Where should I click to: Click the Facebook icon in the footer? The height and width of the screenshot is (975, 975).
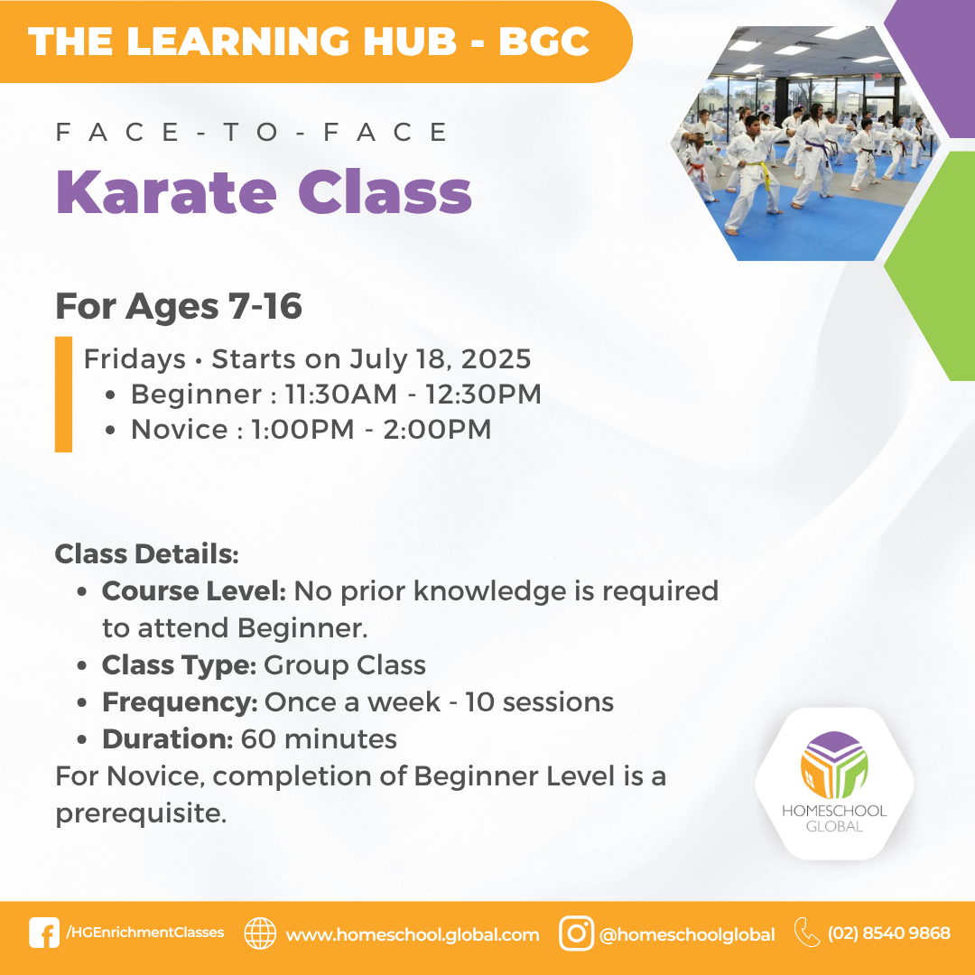coord(44,933)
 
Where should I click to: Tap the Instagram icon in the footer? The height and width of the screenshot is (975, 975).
coord(576,933)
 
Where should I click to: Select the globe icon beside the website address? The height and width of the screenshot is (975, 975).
coord(260,933)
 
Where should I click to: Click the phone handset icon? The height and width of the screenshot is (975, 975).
coord(807,933)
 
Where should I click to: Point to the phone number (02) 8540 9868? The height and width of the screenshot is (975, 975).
coord(888,933)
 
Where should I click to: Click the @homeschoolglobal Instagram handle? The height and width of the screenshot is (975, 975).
coord(687,934)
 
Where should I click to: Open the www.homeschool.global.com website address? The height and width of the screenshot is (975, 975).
coord(413,934)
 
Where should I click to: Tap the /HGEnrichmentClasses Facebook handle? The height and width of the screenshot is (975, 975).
coord(144,932)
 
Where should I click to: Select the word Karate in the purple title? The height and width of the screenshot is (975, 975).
coord(166,192)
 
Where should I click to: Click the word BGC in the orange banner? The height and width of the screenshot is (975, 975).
coord(544,42)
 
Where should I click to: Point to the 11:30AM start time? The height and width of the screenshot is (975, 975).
coord(340,395)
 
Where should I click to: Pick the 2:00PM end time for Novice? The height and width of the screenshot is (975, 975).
coord(437,430)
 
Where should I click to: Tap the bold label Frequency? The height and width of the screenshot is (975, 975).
coord(180,702)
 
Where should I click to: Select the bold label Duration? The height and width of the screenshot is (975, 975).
coord(168,739)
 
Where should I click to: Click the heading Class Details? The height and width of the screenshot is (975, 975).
coord(147,554)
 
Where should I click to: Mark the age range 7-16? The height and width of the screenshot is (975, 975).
coord(265,306)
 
